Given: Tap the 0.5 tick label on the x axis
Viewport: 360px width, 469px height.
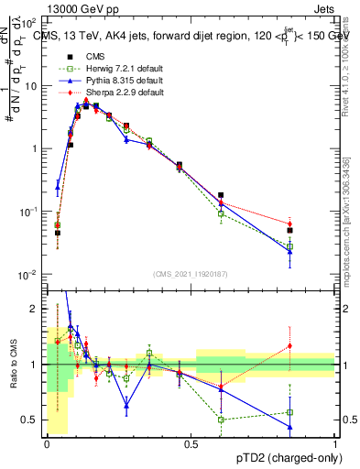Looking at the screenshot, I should [191, 443].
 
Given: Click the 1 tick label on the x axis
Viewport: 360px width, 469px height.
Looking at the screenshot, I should [334, 443].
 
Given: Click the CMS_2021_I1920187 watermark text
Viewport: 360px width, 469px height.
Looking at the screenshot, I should [191, 274].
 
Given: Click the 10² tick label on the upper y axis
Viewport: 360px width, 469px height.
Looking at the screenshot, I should [29, 23].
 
